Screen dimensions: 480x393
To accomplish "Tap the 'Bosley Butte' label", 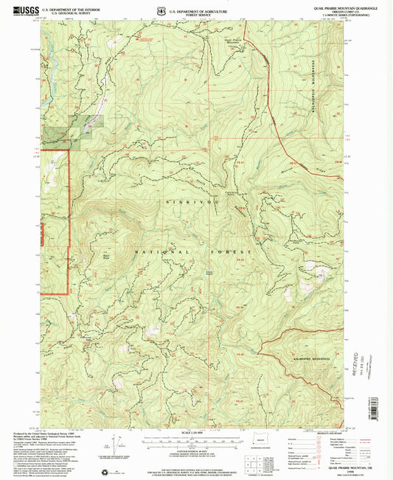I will click(105, 257).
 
